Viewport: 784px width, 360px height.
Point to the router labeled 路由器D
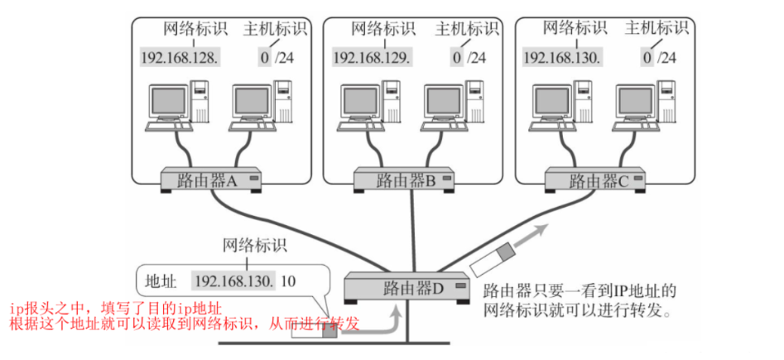[x=406, y=288]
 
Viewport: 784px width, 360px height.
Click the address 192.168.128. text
[x=179, y=57]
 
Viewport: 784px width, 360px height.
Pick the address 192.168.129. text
[x=371, y=57]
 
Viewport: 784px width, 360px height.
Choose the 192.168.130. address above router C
[x=562, y=57]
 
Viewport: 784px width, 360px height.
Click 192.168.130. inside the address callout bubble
[x=234, y=281]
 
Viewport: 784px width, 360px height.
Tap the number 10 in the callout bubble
[x=288, y=281]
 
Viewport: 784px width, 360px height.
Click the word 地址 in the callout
[x=161, y=281]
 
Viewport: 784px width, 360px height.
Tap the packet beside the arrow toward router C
[x=493, y=257]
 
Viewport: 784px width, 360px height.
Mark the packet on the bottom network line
[x=314, y=333]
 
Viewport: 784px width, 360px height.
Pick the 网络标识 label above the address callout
[x=254, y=245]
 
